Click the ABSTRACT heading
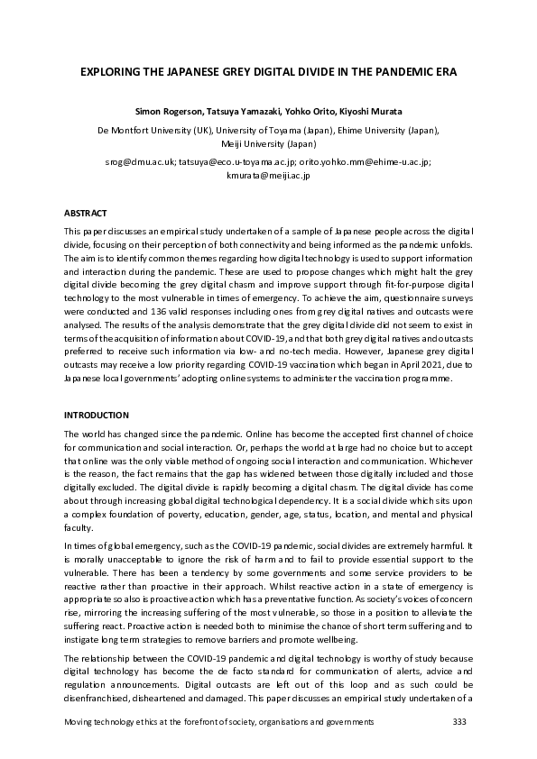coord(85,213)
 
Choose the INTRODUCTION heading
coord(95,415)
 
